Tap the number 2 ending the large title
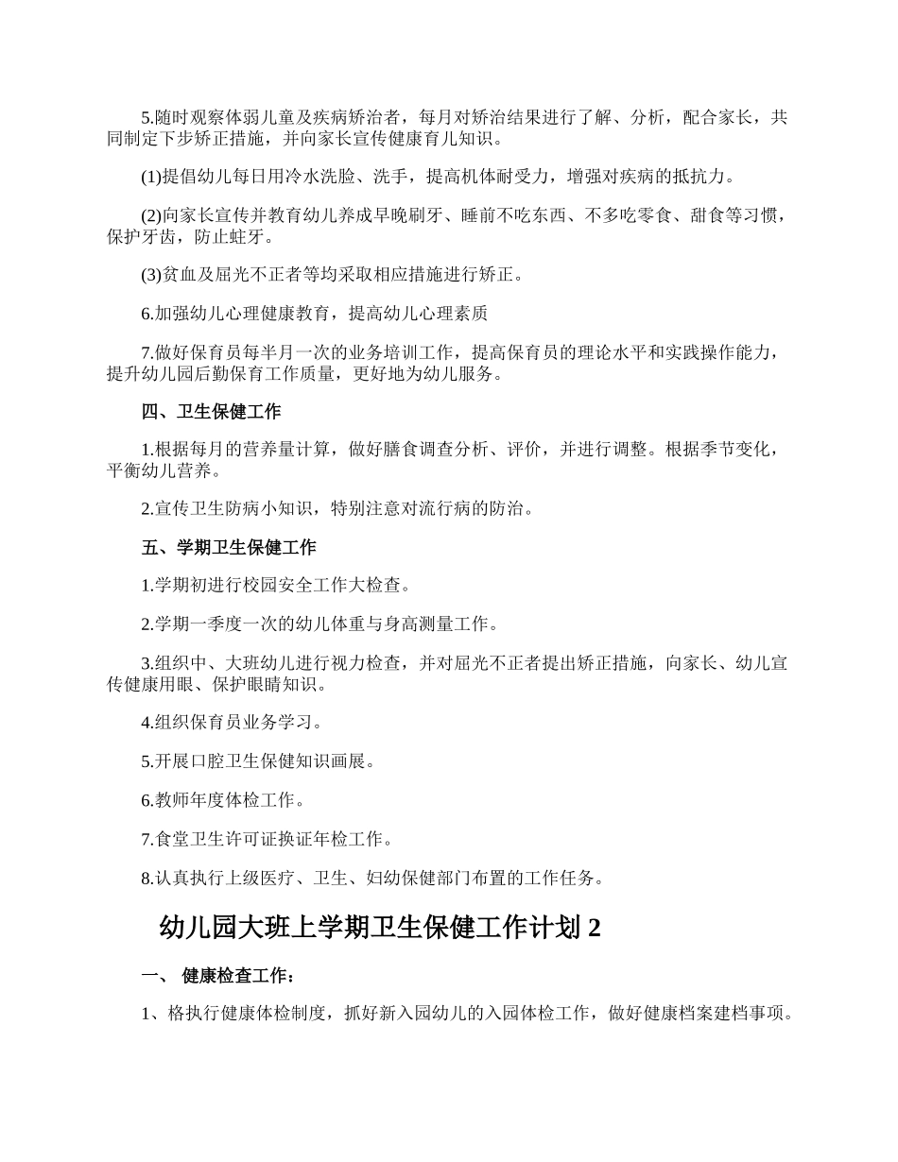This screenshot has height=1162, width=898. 594,929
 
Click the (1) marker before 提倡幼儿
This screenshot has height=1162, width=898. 151,176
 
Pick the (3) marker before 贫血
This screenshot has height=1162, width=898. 151,274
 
